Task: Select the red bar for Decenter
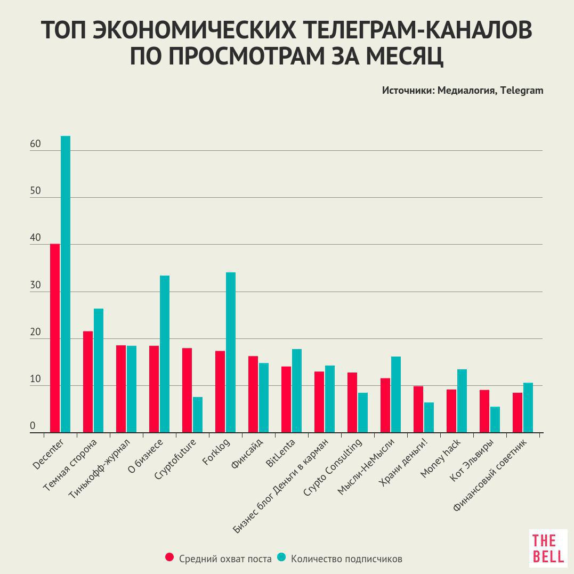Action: point(55,338)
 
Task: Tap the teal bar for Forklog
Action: point(231,352)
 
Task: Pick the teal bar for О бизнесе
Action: point(165,354)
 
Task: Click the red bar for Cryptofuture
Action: point(187,390)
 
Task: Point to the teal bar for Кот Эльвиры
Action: point(495,419)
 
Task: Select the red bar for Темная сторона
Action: point(88,382)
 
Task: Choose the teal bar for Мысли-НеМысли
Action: point(396,394)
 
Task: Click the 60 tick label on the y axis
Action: point(36,144)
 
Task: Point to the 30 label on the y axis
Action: point(36,286)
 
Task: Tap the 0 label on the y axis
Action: point(33,426)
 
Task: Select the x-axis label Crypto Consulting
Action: point(333,467)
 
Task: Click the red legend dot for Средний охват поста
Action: point(169,557)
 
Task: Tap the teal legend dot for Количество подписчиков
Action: point(281,557)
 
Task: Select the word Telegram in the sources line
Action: point(522,90)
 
